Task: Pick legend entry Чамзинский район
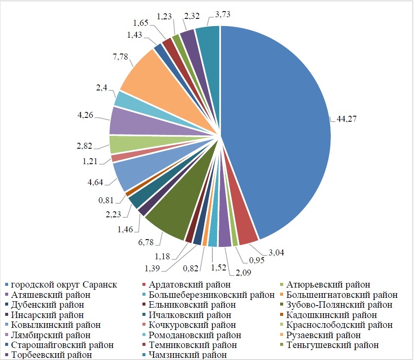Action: [187, 355]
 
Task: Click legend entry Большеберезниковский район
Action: [212, 295]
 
